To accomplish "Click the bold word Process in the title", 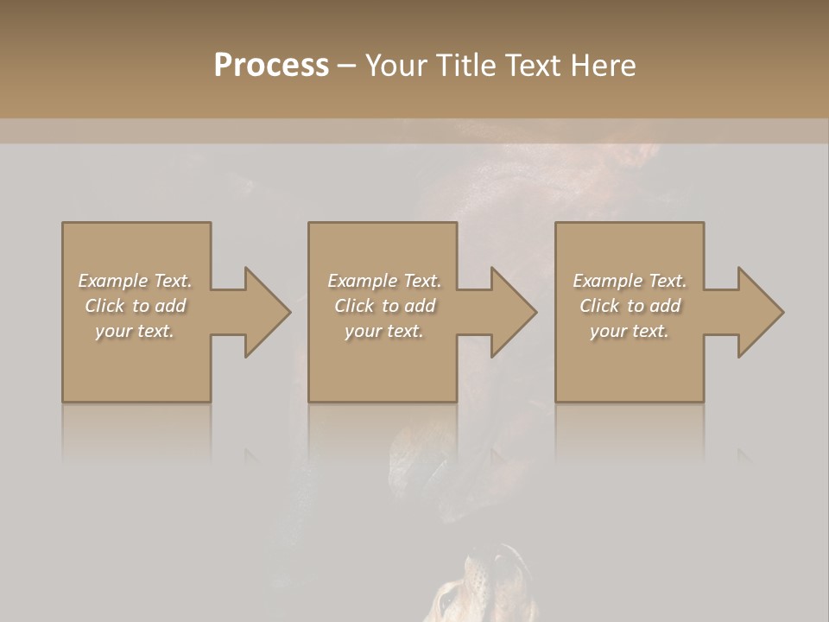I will (271, 66).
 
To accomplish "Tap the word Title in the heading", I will (470, 66).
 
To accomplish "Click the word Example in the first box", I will (112, 281).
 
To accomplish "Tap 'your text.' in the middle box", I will (383, 331).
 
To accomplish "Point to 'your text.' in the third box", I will (629, 331).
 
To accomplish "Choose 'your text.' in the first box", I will (134, 331).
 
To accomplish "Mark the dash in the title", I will (346, 66).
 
